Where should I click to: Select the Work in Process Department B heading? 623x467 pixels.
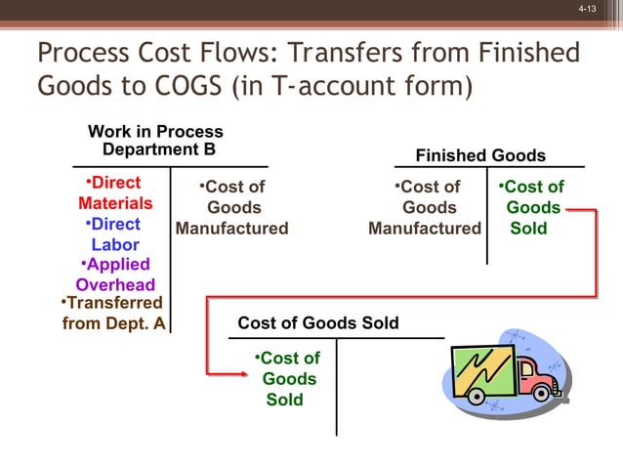[x=156, y=140]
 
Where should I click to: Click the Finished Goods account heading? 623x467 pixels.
[x=480, y=155]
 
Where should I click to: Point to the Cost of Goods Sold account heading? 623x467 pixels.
[x=318, y=323]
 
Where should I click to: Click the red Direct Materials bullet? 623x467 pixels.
[x=114, y=193]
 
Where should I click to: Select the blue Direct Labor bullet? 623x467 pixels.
[x=113, y=234]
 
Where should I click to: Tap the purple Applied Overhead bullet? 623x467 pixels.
[x=115, y=275]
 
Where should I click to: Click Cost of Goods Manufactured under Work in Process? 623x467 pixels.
[x=232, y=207]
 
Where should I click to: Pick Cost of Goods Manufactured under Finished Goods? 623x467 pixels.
[x=426, y=207]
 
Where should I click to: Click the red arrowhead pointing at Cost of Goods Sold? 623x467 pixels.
[x=241, y=372]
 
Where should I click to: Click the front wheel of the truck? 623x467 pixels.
[x=540, y=394]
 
